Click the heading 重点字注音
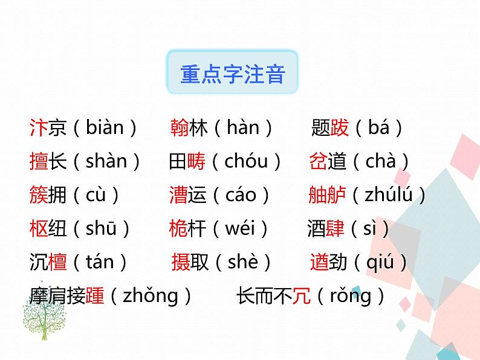(x=233, y=76)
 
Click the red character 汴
(x=38, y=128)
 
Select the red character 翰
(x=180, y=128)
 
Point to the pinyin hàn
(x=242, y=128)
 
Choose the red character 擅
(x=38, y=162)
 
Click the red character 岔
(x=318, y=162)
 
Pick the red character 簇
(x=38, y=196)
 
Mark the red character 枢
(x=38, y=230)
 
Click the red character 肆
(x=335, y=230)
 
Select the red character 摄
(x=181, y=263)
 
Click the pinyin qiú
(x=380, y=263)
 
